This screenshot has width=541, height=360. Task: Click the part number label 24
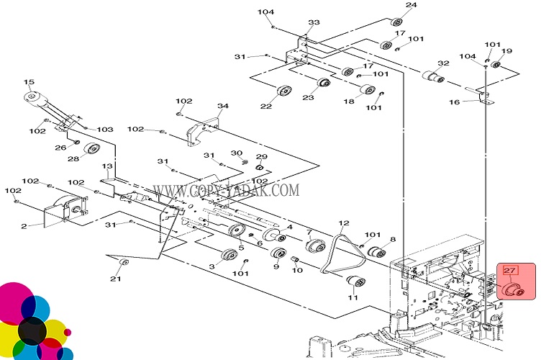click(x=411, y=6)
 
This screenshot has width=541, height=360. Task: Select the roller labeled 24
click(x=395, y=22)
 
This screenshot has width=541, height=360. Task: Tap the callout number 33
click(x=314, y=23)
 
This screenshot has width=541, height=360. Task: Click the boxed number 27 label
click(x=510, y=271)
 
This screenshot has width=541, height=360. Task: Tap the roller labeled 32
click(x=429, y=76)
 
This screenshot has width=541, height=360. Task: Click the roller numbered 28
click(x=91, y=150)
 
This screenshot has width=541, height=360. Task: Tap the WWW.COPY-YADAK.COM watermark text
click(x=226, y=191)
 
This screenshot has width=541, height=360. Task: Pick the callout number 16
click(x=454, y=103)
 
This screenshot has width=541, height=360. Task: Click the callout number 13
click(x=107, y=166)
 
